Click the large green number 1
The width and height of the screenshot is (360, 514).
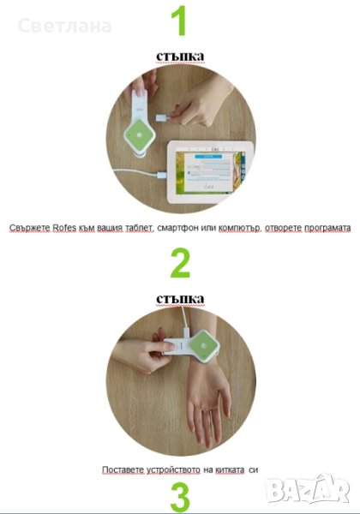tap(178, 21)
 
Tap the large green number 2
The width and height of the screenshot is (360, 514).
tap(180, 263)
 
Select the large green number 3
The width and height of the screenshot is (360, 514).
tap(180, 499)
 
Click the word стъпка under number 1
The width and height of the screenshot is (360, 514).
tap(180, 56)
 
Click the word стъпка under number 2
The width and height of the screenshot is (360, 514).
tap(180, 299)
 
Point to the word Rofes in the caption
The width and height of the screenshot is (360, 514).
tap(64, 228)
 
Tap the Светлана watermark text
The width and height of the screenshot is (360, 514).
tap(65, 27)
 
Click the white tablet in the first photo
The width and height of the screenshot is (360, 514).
tap(210, 172)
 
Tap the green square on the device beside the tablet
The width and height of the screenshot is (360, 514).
tap(140, 135)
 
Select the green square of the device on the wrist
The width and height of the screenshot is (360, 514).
tap(204, 345)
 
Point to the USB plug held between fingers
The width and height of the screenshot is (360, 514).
tap(163, 117)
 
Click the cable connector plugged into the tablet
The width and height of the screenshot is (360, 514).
tap(162, 175)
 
